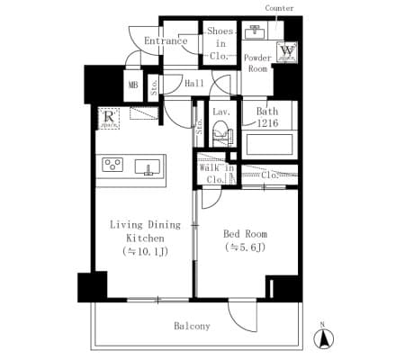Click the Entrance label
(166, 40)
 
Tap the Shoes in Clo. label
(220, 43)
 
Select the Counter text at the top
(279, 8)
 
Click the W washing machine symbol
(287, 52)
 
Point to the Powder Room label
(258, 62)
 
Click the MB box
(133, 86)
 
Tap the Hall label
(193, 84)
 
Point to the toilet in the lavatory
(221, 136)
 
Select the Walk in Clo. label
(216, 173)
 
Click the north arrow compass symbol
(321, 338)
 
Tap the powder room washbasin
(255, 33)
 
